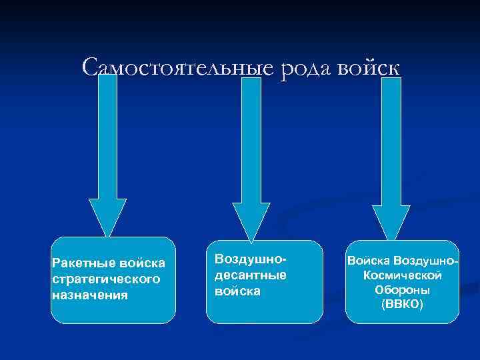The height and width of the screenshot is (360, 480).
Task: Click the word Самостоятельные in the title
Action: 177,68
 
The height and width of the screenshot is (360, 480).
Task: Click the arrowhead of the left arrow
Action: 107,217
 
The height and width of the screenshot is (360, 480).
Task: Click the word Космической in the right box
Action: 403,275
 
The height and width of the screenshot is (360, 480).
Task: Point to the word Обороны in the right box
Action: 402,290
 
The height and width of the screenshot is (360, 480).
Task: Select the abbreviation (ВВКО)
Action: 402,305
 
